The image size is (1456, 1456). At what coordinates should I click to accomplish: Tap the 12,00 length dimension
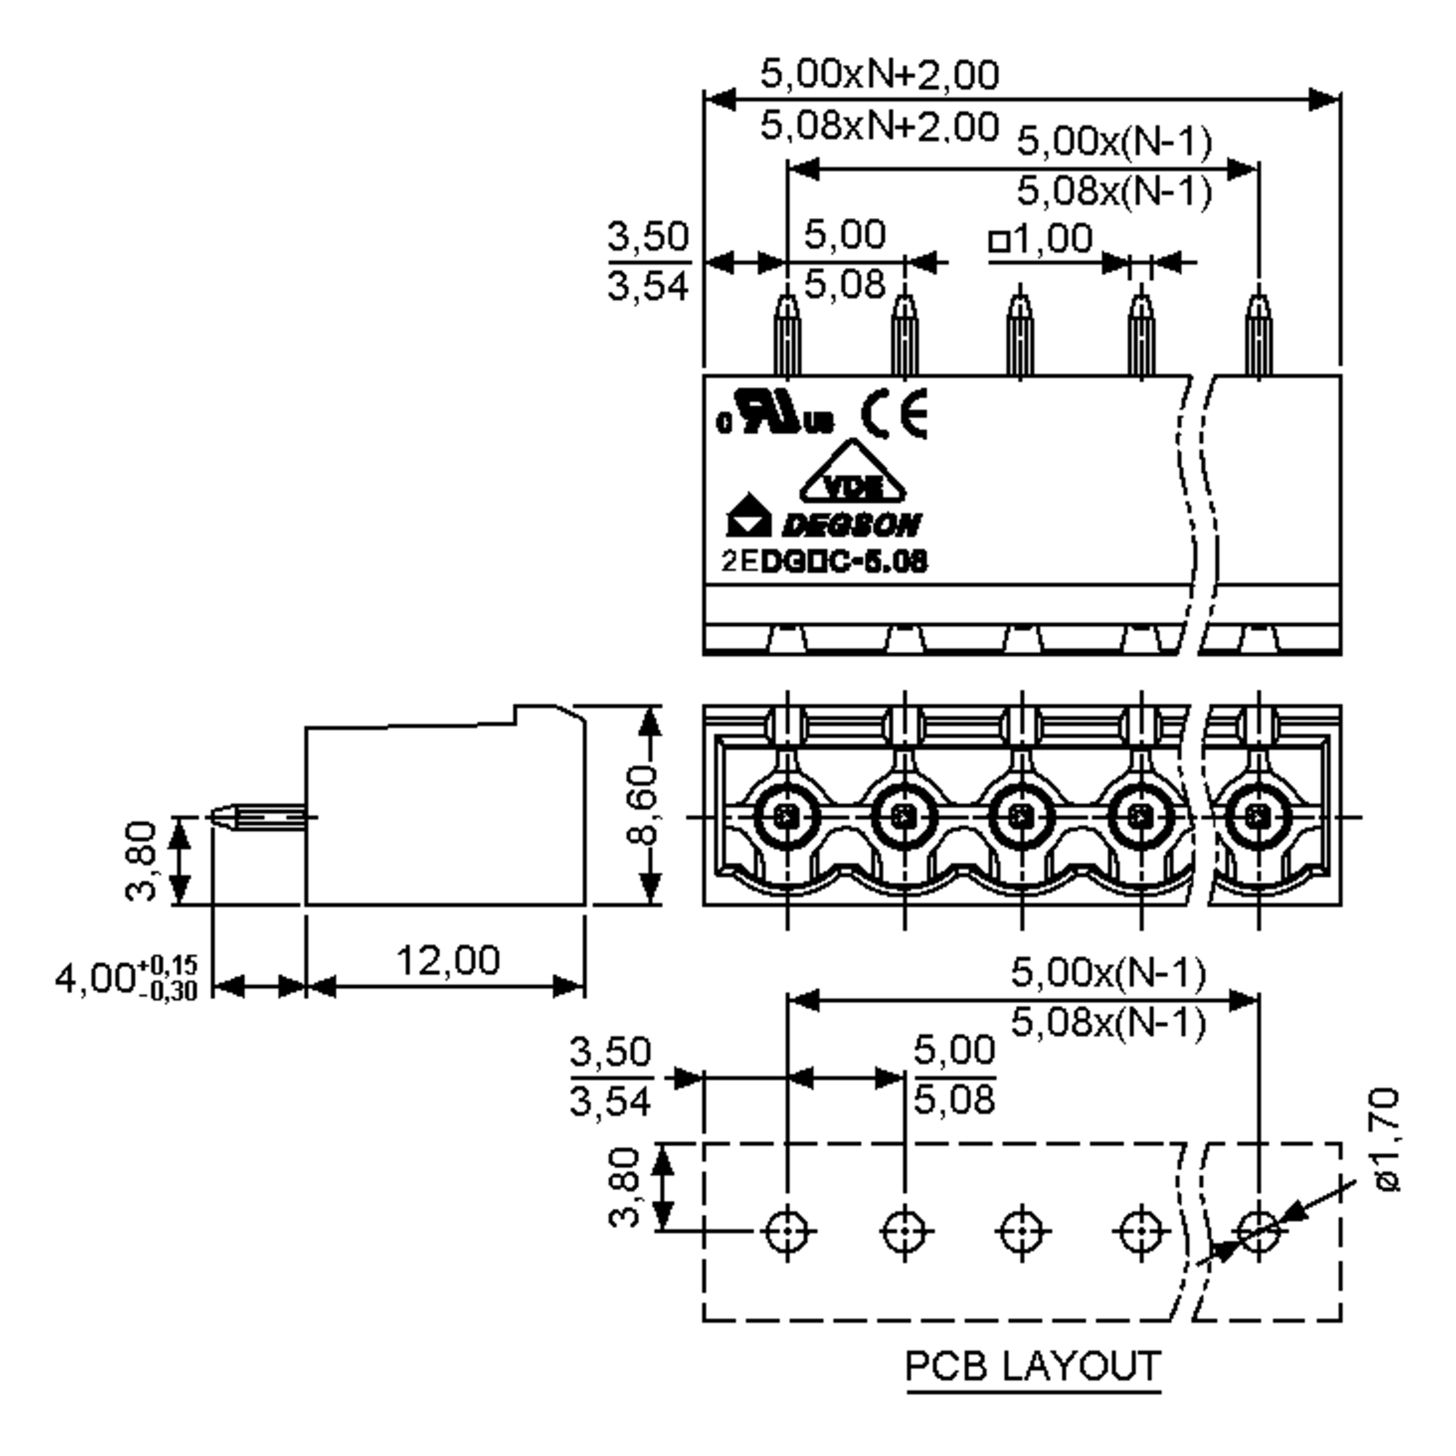pyautogui.click(x=448, y=960)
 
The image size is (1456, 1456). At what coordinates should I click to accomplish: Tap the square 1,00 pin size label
pyautogui.click(x=1040, y=240)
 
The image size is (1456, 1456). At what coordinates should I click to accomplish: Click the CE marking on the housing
pyautogui.click(x=895, y=414)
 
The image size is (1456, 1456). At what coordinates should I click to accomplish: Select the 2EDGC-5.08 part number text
pyautogui.click(x=824, y=561)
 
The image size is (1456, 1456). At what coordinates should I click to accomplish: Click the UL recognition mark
pyautogui.click(x=775, y=414)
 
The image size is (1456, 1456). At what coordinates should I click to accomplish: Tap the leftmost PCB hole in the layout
pyautogui.click(x=787, y=1232)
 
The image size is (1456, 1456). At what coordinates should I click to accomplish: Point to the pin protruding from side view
pyautogui.click(x=256, y=817)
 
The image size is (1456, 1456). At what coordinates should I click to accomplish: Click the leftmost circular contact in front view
pyautogui.click(x=787, y=815)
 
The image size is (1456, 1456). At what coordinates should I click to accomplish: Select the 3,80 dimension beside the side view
pyautogui.click(x=141, y=861)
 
